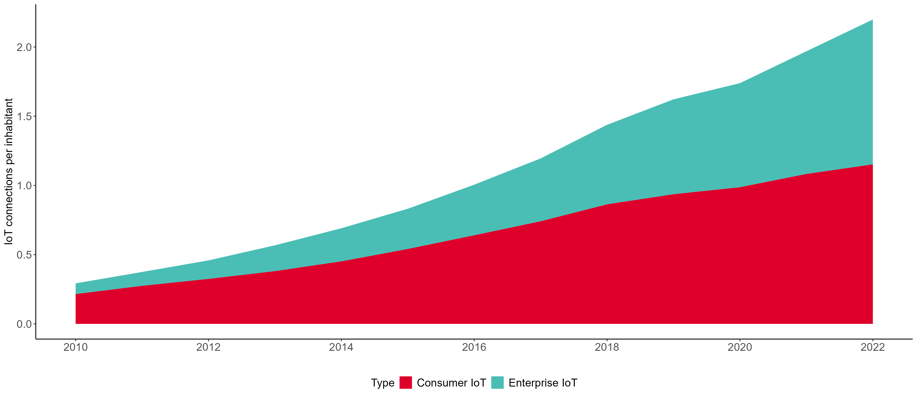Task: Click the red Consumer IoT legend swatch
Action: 405,383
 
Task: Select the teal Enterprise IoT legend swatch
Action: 497,383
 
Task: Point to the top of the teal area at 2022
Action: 872,20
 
